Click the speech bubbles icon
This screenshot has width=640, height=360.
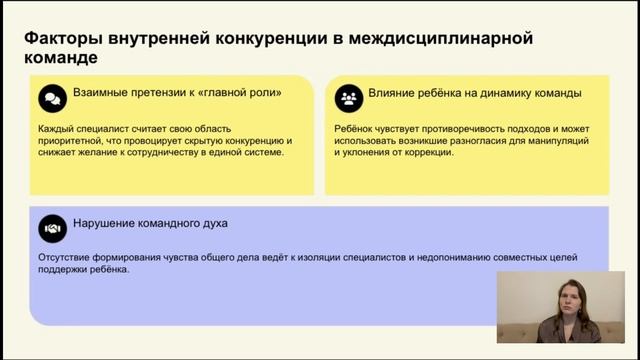tap(51, 98)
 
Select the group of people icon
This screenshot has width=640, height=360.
tap(347, 98)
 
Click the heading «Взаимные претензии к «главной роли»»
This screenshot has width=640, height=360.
tap(177, 93)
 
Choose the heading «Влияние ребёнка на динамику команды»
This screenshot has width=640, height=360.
tap(475, 93)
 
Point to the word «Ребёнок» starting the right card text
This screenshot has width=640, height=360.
tap(357, 129)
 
